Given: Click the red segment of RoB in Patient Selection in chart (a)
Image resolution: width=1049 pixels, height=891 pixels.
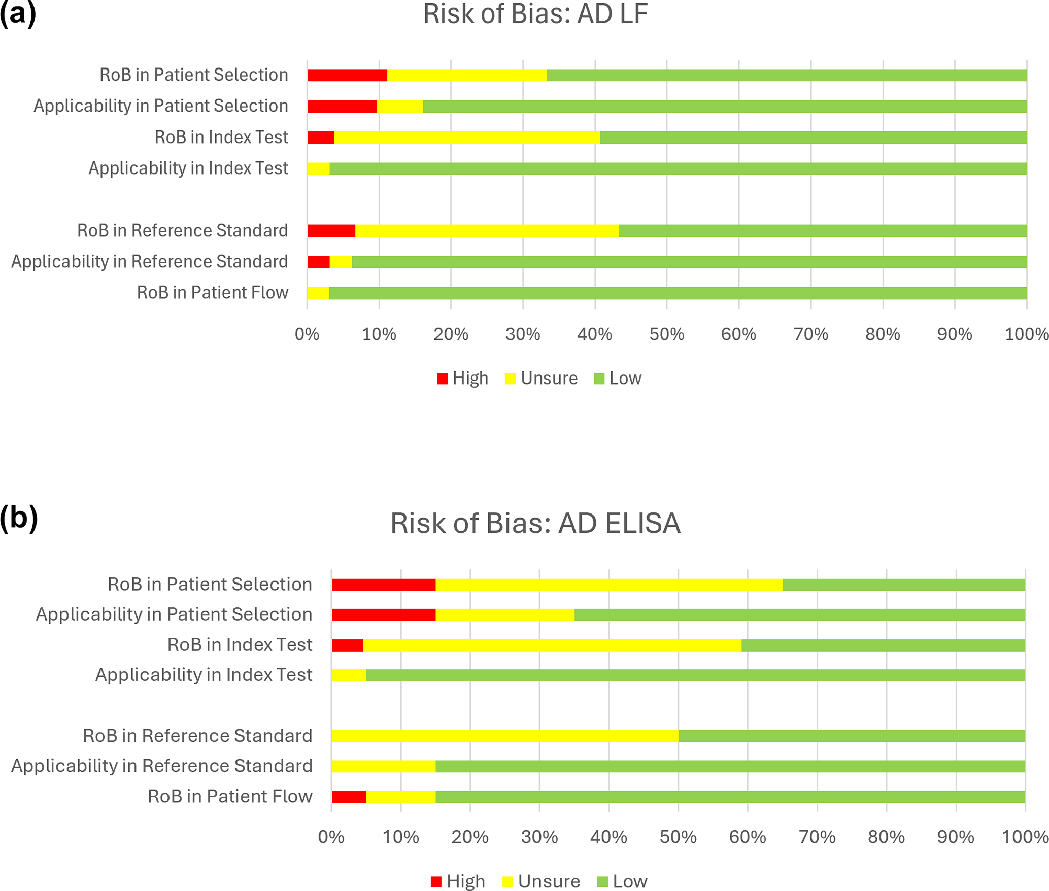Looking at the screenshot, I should [x=347, y=75].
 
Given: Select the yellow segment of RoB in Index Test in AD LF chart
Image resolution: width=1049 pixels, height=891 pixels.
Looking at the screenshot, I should [x=467, y=138].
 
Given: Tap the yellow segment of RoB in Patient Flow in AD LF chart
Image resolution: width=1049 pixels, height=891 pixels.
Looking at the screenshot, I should [x=318, y=293].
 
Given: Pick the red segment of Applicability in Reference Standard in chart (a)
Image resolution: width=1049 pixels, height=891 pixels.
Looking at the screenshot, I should [x=318, y=262].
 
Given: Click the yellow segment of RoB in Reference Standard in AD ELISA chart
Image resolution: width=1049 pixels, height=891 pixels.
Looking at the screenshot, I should [x=505, y=736].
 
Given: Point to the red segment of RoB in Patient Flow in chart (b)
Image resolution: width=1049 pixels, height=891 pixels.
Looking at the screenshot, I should [x=349, y=797].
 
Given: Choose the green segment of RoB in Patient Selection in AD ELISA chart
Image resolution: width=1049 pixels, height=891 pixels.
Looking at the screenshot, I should [x=903, y=585].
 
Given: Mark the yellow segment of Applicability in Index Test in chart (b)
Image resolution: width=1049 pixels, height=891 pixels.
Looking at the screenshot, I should [x=349, y=675].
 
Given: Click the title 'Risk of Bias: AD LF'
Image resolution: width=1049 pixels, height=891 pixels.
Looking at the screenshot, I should [x=535, y=14].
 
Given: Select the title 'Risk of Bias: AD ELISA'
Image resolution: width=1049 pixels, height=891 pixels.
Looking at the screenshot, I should [x=535, y=523].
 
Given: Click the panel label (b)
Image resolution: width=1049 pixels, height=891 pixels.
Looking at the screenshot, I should [x=19, y=518].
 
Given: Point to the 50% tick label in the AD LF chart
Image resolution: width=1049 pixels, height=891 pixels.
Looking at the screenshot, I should [x=667, y=334].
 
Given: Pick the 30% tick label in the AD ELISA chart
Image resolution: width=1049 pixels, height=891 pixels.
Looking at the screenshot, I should [x=539, y=837].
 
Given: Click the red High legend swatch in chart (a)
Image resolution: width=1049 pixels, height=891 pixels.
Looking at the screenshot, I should [x=442, y=379].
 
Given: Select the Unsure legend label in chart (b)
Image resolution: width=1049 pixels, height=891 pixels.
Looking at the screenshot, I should [x=549, y=881].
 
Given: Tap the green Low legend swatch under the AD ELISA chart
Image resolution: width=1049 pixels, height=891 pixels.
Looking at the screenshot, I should [x=602, y=882].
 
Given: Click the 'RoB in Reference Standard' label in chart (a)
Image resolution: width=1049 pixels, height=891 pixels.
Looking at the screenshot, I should [x=183, y=231].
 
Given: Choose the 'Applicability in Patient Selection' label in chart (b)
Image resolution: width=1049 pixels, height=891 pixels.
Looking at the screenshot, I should [x=174, y=614].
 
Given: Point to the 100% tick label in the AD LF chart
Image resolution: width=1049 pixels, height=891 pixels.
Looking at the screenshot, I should [x=1027, y=334].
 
